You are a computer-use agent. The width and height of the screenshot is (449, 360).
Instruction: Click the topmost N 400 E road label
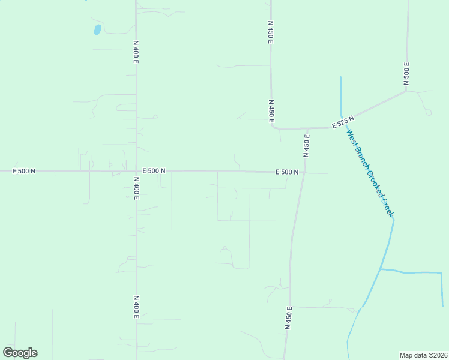pyautogui.click(x=136, y=52)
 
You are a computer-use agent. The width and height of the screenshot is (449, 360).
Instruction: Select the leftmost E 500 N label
pyautogui.click(x=24, y=171)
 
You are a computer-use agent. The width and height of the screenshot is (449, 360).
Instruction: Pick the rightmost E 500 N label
pyautogui.click(x=287, y=172)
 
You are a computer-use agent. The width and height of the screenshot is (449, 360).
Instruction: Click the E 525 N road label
pyautogui.click(x=343, y=122)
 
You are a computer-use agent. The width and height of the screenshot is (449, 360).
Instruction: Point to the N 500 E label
pyautogui.click(x=406, y=74)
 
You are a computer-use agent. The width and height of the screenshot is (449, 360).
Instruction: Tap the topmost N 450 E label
pyautogui.click(x=271, y=32)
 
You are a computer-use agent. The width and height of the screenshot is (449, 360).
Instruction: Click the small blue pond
pyautogui.click(x=97, y=29)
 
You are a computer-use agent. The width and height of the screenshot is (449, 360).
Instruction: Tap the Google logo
pyautogui.click(x=20, y=353)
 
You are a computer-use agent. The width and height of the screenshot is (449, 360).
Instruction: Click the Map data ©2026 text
pyautogui.click(x=423, y=355)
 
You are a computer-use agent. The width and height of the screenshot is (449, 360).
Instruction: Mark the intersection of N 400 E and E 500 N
pyautogui.click(x=136, y=171)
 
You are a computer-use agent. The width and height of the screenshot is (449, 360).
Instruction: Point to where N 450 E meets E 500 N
pyautogui.click(x=303, y=173)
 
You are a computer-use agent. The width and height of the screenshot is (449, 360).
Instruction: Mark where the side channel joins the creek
pyautogui.click(x=380, y=269)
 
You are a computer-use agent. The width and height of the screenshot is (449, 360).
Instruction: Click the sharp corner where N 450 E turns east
pyautogui.click(x=273, y=127)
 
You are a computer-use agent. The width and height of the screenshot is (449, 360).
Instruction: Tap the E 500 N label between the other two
pyautogui.click(x=154, y=171)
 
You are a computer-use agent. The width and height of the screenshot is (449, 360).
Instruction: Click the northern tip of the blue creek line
pyautogui.click(x=340, y=77)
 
